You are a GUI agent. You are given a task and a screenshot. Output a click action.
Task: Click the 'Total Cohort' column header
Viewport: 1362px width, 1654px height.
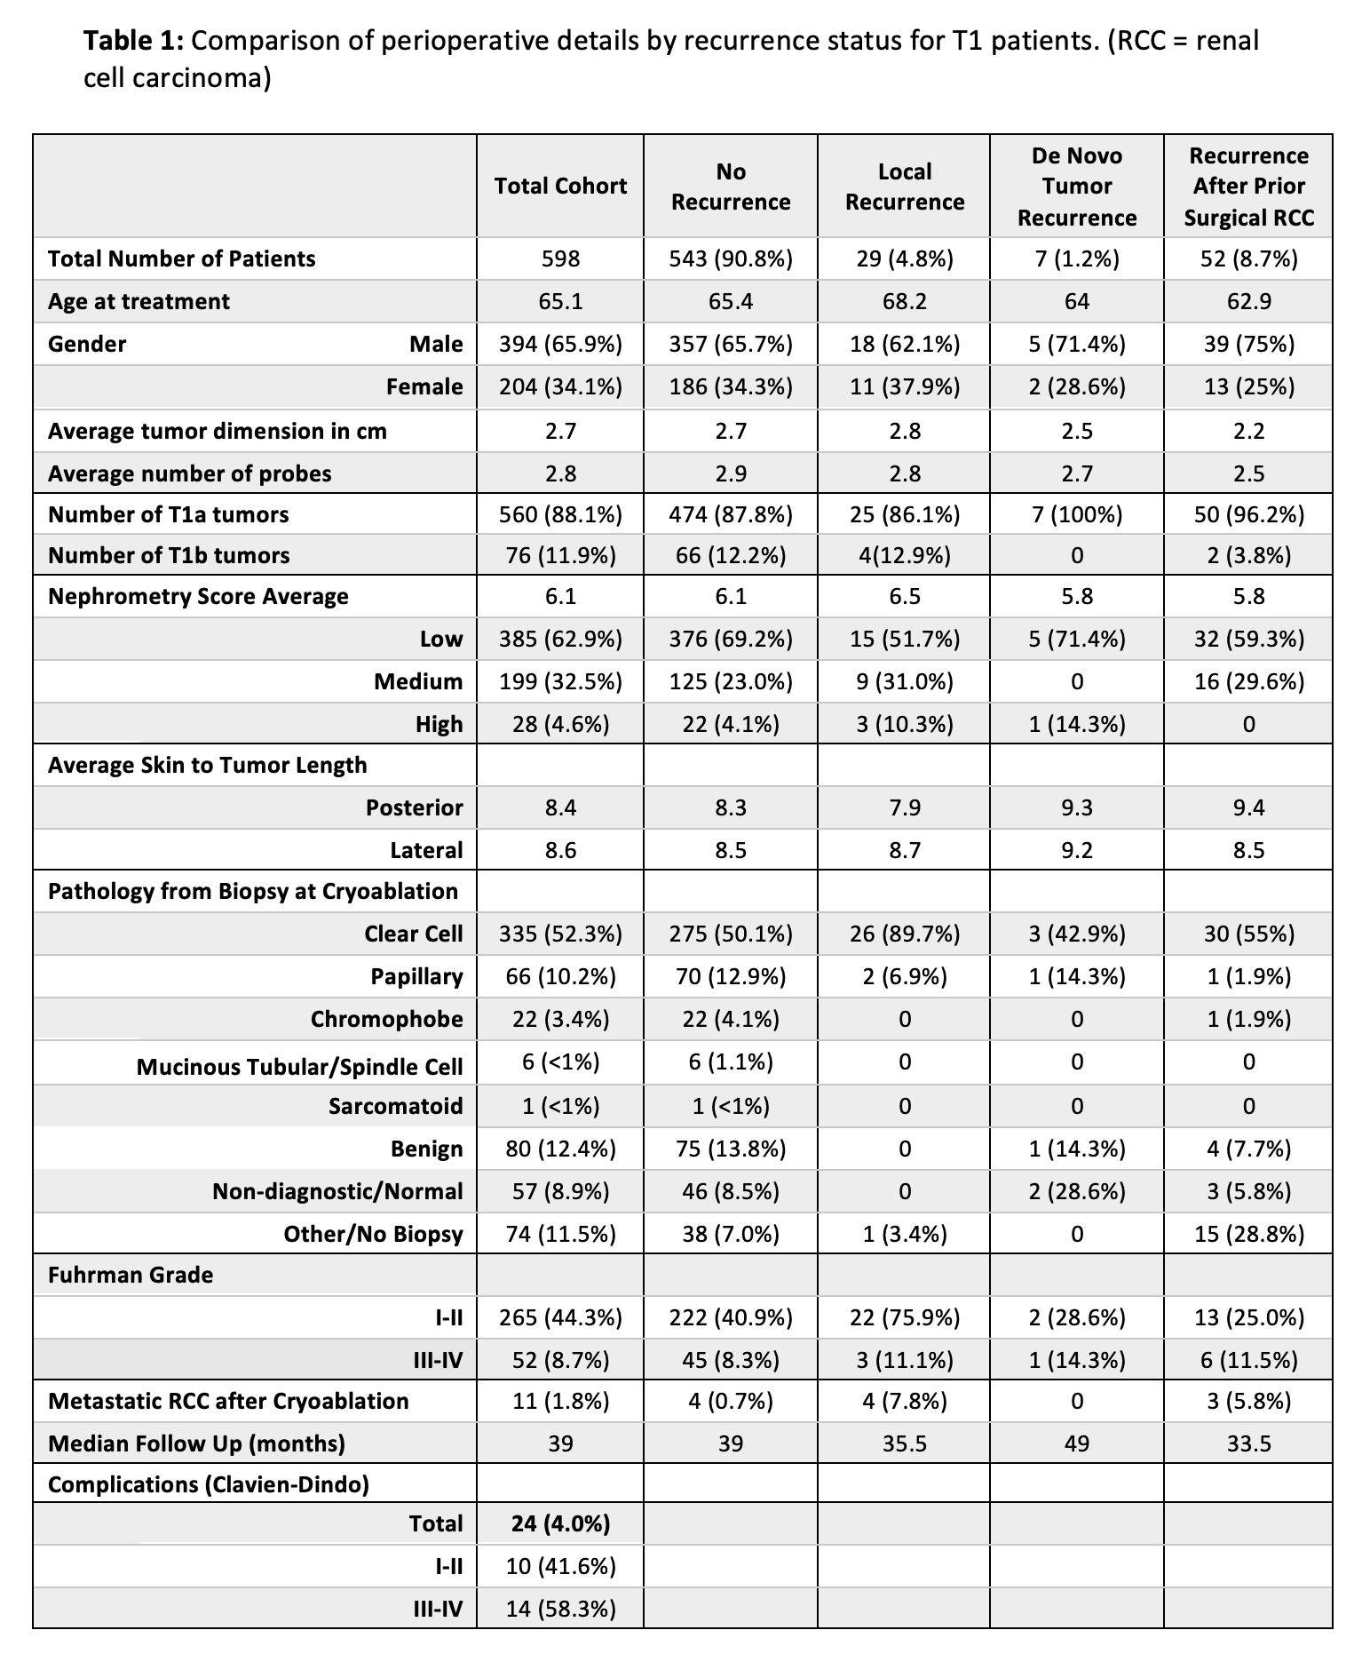point(560,186)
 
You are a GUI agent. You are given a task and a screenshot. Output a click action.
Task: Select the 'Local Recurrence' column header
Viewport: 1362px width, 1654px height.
point(904,187)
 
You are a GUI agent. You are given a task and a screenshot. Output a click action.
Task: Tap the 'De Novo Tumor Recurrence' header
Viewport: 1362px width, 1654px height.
point(1076,187)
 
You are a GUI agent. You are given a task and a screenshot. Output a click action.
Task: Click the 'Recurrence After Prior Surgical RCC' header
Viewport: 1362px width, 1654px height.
point(1248,187)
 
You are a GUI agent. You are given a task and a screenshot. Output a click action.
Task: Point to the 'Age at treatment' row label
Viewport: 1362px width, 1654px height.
point(139,301)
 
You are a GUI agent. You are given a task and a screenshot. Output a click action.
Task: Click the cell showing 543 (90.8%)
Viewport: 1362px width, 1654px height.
point(731,258)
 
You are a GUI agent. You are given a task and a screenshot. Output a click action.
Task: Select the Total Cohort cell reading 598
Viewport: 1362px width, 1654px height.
point(560,258)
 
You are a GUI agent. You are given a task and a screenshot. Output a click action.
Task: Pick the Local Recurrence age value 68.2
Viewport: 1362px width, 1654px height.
point(904,301)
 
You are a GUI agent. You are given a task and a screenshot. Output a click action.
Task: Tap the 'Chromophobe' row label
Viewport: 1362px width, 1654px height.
point(386,1019)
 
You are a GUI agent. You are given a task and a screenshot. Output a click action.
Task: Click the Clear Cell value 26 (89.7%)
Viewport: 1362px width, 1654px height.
point(904,934)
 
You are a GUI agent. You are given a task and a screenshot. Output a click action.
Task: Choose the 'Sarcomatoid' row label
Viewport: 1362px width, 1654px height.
point(395,1106)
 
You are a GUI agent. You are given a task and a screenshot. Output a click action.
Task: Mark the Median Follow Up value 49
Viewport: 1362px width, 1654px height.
point(1076,1443)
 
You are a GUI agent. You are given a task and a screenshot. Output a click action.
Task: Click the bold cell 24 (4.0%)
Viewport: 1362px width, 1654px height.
point(560,1523)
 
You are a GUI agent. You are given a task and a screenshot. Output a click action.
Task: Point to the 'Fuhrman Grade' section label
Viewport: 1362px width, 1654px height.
point(131,1275)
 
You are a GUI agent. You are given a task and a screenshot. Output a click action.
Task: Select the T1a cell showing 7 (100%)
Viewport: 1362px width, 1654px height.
point(1076,514)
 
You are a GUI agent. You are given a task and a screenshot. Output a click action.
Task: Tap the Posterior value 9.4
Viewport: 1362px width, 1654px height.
point(1248,807)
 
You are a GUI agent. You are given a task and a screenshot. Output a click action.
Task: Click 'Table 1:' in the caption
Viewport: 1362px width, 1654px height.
point(133,41)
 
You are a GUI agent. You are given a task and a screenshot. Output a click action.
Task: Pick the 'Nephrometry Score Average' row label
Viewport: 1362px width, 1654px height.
point(198,596)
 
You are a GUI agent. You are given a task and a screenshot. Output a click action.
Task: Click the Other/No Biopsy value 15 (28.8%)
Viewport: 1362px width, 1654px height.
point(1248,1234)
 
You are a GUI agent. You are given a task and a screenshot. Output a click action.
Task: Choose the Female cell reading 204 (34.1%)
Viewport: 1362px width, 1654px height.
point(560,386)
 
